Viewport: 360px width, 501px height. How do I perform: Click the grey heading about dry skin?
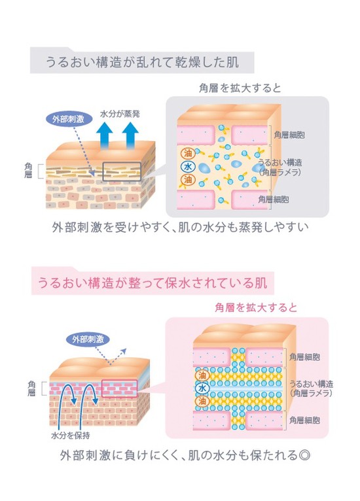[x=142, y=61]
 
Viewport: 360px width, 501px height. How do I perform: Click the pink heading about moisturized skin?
[x=153, y=283]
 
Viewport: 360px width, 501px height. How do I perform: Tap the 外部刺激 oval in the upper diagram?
[x=68, y=119]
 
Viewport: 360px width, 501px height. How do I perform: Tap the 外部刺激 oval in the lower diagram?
[x=88, y=339]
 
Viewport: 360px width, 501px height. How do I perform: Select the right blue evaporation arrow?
[x=130, y=136]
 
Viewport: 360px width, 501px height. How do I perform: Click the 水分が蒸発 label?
[x=120, y=114]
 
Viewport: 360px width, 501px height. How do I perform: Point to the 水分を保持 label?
[x=70, y=435]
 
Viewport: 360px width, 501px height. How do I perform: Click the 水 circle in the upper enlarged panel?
[x=188, y=167]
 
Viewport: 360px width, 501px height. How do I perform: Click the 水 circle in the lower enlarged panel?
[x=202, y=389]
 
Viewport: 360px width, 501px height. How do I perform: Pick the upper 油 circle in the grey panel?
[x=188, y=153]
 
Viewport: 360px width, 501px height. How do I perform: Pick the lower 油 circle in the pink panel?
[x=202, y=401]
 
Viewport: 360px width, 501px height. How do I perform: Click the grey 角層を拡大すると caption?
[x=240, y=88]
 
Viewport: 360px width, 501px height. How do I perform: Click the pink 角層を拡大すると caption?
[x=256, y=307]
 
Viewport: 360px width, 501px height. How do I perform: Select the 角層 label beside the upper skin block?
[x=28, y=170]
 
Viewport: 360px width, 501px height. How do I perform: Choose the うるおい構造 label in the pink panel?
[x=311, y=384]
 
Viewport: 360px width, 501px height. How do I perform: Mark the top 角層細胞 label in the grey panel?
[x=289, y=135]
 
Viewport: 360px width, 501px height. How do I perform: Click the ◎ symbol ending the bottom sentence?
[x=304, y=455]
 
